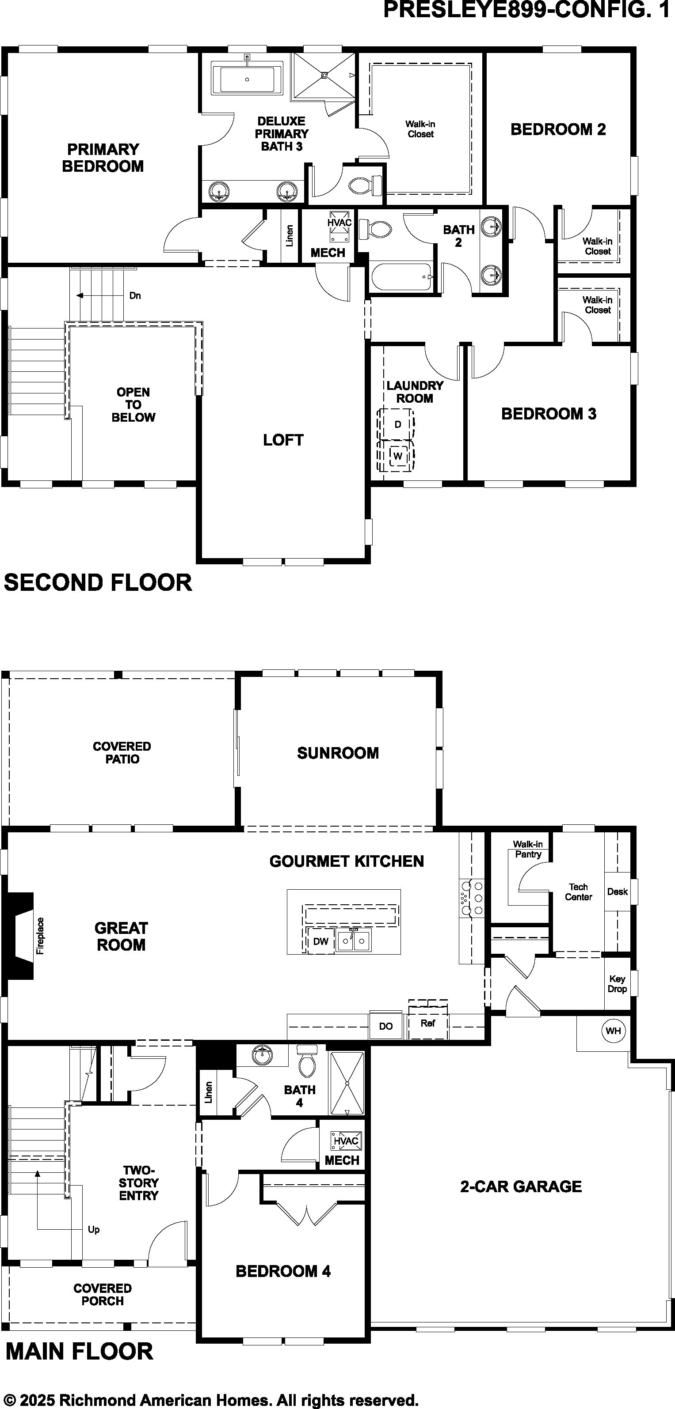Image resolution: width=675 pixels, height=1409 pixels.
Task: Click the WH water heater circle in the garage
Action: pyautogui.click(x=613, y=1031)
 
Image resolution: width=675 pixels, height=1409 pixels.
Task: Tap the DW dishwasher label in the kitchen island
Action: pyautogui.click(x=321, y=941)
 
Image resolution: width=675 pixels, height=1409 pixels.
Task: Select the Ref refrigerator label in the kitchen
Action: pyautogui.click(x=428, y=1023)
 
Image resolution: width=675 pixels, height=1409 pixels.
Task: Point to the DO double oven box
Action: pyautogui.click(x=386, y=1026)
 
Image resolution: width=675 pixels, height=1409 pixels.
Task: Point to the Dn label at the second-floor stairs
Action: pyautogui.click(x=135, y=296)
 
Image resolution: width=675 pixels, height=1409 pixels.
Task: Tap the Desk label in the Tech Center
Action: pyautogui.click(x=617, y=891)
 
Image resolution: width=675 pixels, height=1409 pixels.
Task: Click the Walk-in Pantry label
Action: pyautogui.click(x=528, y=850)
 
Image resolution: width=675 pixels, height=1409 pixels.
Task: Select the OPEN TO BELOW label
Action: pyautogui.click(x=133, y=405)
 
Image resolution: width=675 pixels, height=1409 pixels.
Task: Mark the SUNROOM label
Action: pyautogui.click(x=338, y=753)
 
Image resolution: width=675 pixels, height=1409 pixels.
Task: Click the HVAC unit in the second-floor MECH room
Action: pyautogui.click(x=339, y=227)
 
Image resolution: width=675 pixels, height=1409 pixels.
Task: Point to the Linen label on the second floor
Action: pyautogui.click(x=290, y=235)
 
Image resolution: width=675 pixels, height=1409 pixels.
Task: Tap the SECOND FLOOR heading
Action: pyautogui.click(x=98, y=582)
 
